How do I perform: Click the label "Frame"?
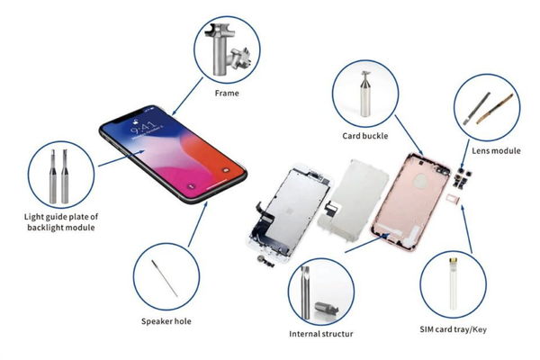coord(227,93)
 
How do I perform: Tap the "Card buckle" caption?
coord(365,136)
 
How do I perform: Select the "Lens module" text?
coord(496,150)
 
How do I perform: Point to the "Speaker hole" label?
coord(166,321)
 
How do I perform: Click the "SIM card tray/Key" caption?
coord(453,329)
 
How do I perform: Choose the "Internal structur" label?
coord(321,334)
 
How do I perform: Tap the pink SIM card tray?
coord(454,199)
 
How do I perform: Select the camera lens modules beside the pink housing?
coord(462,178)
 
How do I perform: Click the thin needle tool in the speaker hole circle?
coord(165,278)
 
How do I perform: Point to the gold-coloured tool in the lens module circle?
coord(494,109)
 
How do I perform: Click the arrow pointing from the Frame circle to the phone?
coord(187,96)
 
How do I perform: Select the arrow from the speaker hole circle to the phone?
coord(198,224)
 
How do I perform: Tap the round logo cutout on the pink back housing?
coord(419,181)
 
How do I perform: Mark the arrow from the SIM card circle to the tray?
coord(466,229)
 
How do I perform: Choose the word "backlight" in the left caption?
coord(46,228)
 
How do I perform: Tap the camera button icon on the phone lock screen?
coord(226,170)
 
